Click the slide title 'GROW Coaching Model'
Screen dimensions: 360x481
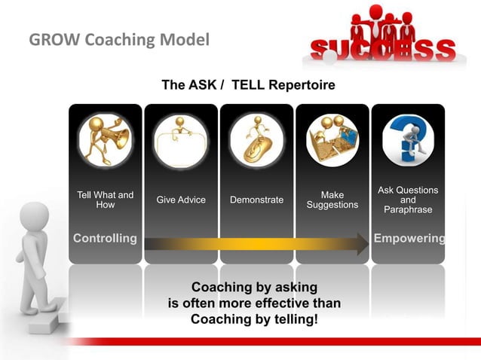tap(119, 39)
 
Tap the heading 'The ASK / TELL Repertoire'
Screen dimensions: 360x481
tap(248, 85)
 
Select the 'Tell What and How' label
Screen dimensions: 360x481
tap(106, 200)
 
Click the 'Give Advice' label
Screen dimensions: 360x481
tap(181, 200)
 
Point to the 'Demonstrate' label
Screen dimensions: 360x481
tap(256, 200)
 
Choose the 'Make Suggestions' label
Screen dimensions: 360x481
tap(332, 200)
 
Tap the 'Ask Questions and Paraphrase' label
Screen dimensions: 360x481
tap(408, 200)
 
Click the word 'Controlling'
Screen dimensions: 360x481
tap(105, 239)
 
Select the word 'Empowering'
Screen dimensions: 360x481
tap(409, 239)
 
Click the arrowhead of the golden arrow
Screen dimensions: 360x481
tap(362, 243)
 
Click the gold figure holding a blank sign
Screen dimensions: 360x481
tap(181, 139)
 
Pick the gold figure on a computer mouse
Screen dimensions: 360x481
tap(256, 139)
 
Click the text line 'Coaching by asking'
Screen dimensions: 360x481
tap(254, 288)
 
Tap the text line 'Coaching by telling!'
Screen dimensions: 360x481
tap(254, 319)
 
